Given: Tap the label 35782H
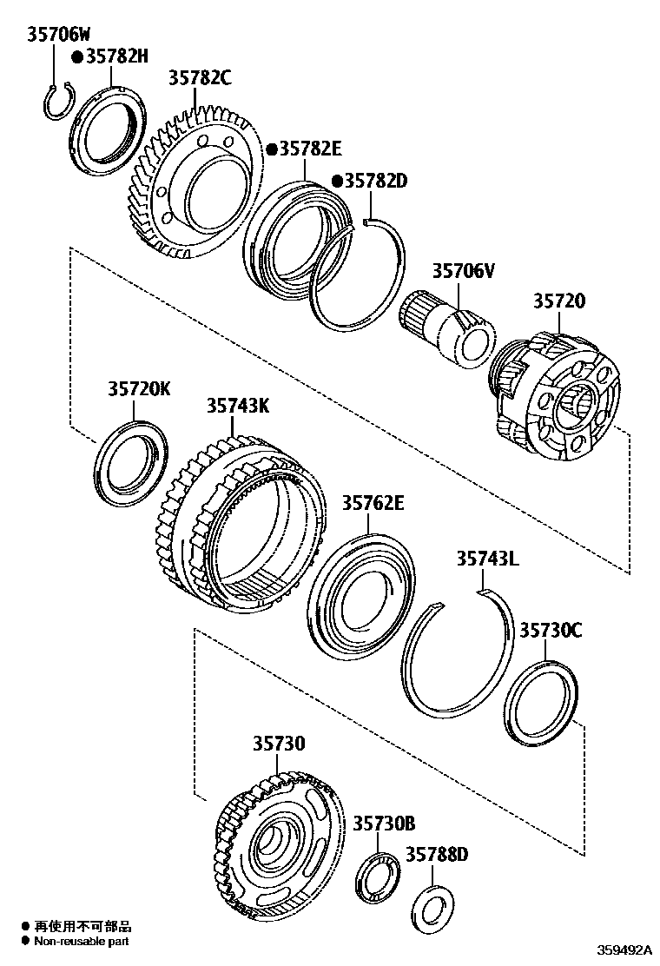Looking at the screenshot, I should pos(116,57).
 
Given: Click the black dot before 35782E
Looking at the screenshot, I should pos(271,149).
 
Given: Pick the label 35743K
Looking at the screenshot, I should pos(237,406).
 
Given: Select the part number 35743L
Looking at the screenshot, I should pos(487,559).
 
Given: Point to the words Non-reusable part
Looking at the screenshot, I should pos(82,940).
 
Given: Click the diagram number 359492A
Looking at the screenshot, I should pos(623,950).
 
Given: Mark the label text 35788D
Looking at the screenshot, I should pos(437,855).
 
